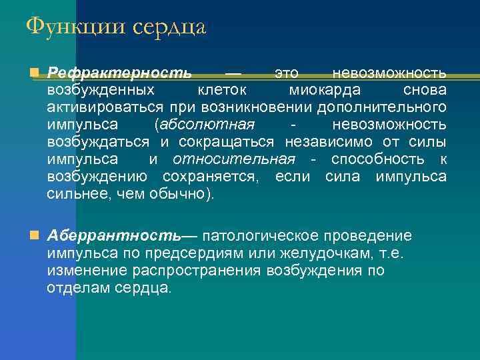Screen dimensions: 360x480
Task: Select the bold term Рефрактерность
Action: [119, 73]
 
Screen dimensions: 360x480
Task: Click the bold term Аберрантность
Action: [113, 236]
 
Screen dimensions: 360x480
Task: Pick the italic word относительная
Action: [233, 159]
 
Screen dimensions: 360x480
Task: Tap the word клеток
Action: [223, 90]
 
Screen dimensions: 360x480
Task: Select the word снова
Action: [425, 90]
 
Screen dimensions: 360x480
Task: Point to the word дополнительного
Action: [381, 107]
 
